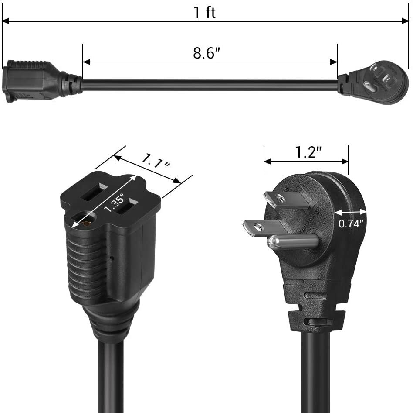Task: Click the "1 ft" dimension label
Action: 205,12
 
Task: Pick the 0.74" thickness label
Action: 351,224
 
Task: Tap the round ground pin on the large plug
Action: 292,241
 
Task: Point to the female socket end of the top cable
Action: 30,81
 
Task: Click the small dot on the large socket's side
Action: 112,258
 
